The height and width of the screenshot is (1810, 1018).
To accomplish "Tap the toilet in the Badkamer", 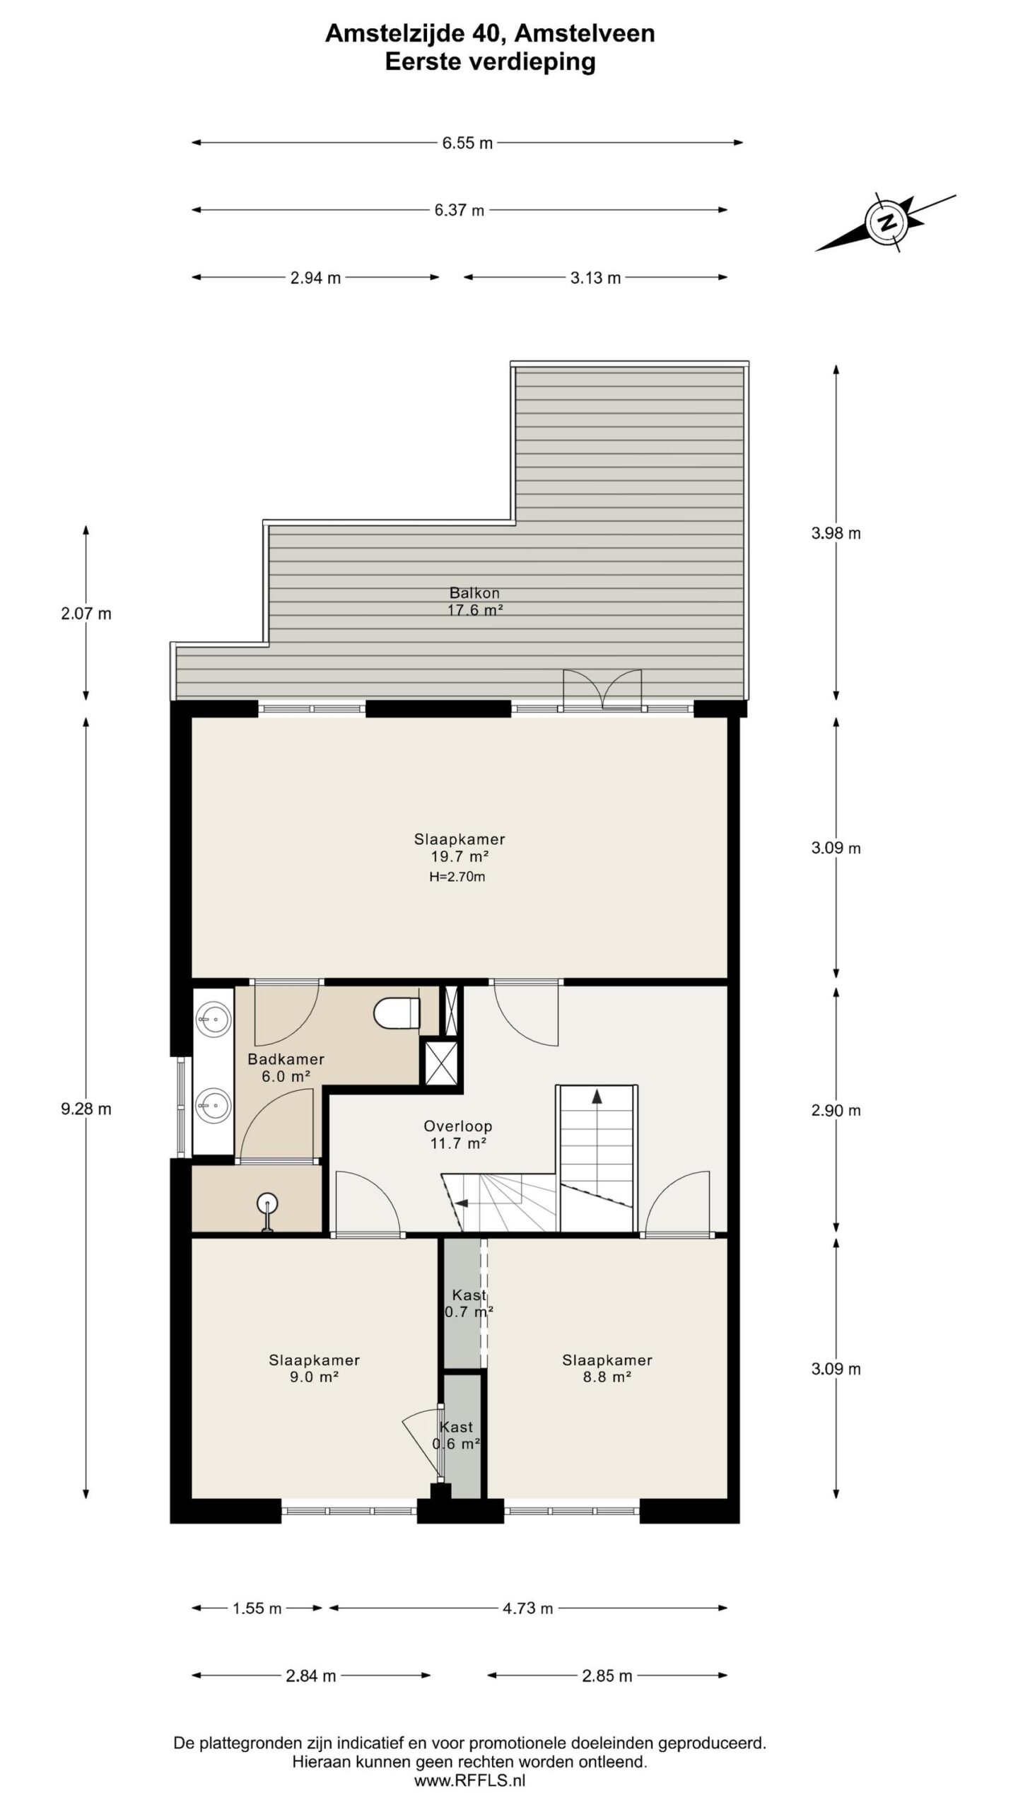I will [x=395, y=1014].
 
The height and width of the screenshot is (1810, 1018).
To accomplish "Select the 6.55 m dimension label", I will [x=467, y=143].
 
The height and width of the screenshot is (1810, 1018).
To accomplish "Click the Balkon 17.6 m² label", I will [x=474, y=602].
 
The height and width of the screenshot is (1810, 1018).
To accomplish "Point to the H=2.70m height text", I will [x=457, y=877].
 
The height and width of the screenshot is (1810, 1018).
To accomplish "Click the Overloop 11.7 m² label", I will [x=457, y=1135].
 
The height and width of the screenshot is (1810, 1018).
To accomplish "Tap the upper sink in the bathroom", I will [x=213, y=1020].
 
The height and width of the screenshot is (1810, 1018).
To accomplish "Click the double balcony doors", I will [x=602, y=689].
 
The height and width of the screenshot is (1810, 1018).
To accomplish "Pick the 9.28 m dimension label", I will [x=86, y=1109].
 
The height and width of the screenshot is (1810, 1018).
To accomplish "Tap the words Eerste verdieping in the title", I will [x=490, y=62].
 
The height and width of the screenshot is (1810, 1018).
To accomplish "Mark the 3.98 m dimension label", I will [x=836, y=533].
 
